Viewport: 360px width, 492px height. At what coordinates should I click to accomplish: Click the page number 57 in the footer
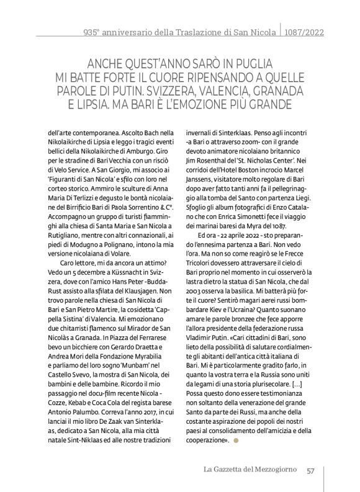click(x=312, y=470)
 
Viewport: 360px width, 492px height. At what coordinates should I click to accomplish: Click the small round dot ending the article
click(x=235, y=440)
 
